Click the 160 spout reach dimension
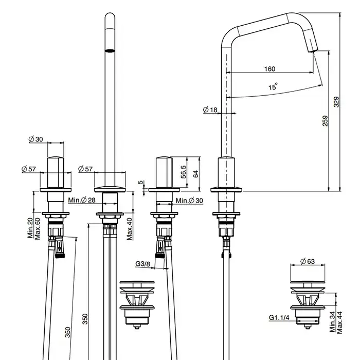tap(269, 69)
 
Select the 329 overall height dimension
tap(336, 102)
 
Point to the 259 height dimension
tap(325, 121)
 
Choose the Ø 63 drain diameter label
tap(307, 261)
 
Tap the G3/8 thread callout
tap(143, 264)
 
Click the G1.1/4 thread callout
tap(278, 318)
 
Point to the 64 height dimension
tap(196, 174)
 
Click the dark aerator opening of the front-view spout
tap(110, 50)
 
